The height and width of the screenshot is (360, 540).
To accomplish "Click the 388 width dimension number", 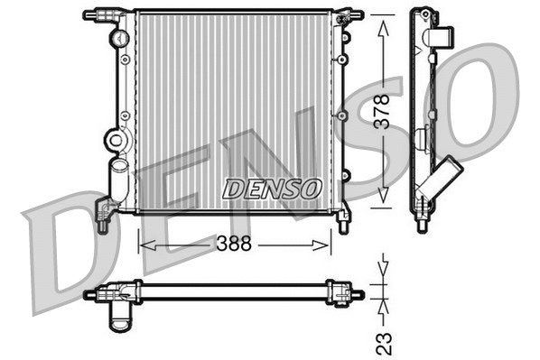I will tap(234, 244).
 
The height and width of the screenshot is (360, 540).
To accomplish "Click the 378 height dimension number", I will tap(384, 111).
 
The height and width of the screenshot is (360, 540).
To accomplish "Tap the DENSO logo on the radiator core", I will tap(272, 189).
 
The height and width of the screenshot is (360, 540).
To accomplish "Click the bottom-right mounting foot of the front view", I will tap(344, 219).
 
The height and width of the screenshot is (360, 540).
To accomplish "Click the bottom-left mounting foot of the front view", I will tap(103, 218).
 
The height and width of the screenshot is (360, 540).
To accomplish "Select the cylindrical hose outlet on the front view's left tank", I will tap(116, 180).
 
